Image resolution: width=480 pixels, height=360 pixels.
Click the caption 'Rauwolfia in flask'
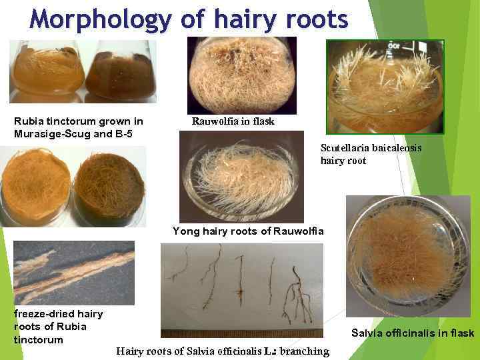(233, 121)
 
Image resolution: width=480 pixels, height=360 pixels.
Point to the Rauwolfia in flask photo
(241, 75)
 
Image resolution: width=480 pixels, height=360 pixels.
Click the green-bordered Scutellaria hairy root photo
(384, 87)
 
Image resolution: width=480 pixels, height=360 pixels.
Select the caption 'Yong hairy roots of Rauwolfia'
(248, 231)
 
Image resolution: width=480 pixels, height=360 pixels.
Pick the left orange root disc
(35, 187)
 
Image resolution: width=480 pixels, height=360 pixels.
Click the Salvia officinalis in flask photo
(407, 255)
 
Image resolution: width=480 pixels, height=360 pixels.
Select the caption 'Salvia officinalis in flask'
(413, 333)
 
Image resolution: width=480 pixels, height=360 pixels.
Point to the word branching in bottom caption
(305, 351)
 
